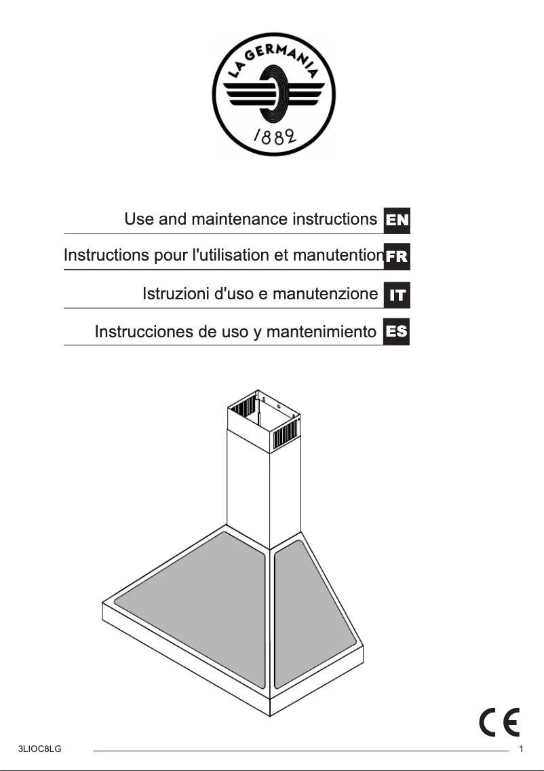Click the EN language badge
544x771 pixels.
[397, 221]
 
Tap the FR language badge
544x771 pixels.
[397, 257]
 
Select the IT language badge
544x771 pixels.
[397, 295]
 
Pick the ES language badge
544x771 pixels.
[397, 332]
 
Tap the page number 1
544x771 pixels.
[521, 750]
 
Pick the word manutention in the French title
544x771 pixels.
[341, 256]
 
